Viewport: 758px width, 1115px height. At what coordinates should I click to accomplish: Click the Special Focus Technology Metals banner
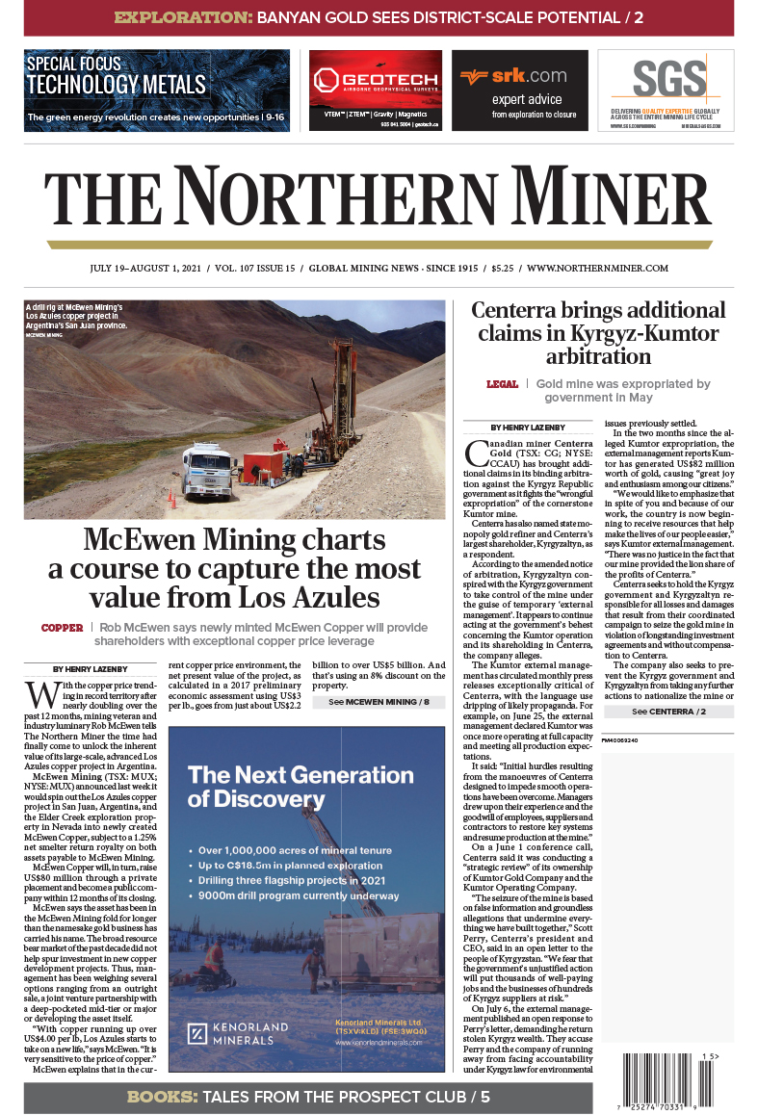coord(157,90)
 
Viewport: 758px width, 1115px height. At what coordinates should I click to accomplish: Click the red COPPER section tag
coord(62,628)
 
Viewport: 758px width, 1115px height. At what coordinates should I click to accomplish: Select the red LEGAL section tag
coord(502,384)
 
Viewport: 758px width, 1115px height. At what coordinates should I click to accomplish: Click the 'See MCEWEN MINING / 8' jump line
coord(379,676)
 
